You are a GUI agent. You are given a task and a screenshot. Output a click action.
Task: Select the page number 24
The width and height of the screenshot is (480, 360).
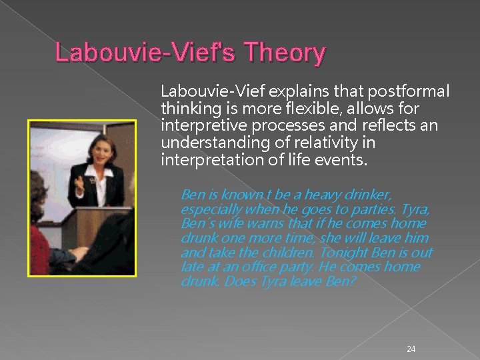pyautogui.click(x=411, y=349)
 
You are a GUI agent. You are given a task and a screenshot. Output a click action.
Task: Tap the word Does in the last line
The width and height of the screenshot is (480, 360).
pyautogui.click(x=239, y=281)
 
